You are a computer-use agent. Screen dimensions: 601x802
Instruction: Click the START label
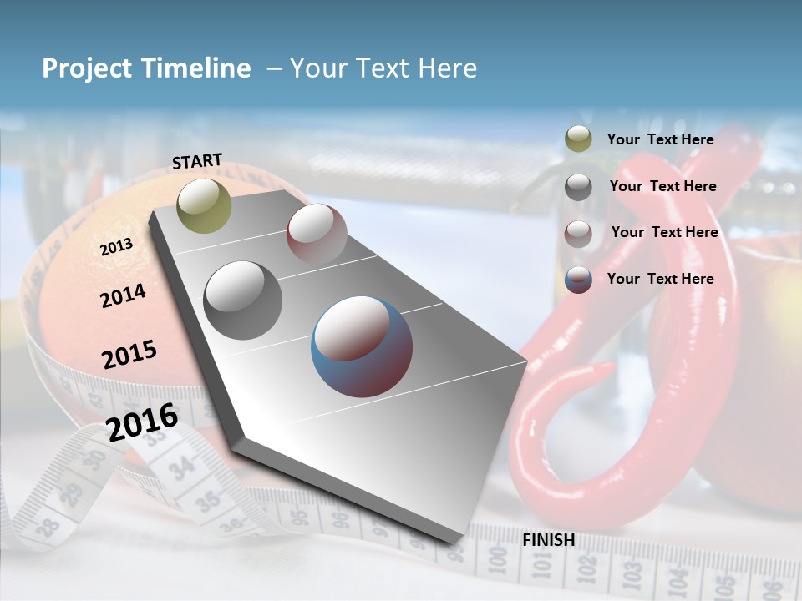click(197, 161)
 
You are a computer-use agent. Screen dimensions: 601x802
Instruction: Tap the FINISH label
click(549, 540)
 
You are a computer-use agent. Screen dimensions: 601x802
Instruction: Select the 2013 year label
click(117, 247)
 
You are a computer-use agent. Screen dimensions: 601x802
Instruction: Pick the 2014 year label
click(124, 295)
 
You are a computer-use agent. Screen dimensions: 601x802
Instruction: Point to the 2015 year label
click(129, 355)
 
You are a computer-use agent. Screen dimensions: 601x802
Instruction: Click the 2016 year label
click(142, 422)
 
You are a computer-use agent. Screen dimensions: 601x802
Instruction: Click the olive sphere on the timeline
click(204, 205)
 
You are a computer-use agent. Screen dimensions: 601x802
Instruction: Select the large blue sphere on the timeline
click(362, 346)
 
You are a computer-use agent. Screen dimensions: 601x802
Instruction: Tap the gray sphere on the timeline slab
click(243, 300)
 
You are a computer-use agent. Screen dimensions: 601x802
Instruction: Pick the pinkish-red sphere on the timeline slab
click(317, 233)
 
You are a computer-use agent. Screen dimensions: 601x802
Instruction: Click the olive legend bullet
click(578, 139)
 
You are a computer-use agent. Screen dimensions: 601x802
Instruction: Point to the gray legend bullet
click(578, 187)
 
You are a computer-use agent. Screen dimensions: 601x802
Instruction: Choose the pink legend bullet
click(578, 233)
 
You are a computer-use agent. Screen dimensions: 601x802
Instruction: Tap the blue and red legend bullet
click(578, 280)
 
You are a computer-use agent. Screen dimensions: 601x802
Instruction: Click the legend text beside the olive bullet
click(660, 140)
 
